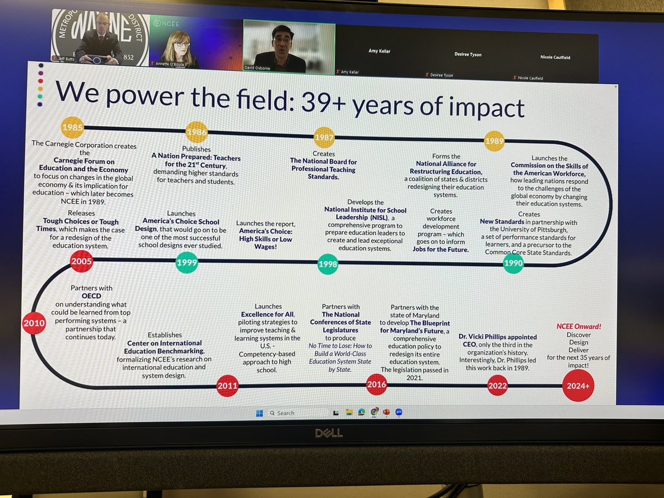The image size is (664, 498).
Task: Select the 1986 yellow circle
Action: coord(196,132)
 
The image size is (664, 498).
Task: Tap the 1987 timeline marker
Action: coord(324,137)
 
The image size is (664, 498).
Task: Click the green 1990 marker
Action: coord(513,263)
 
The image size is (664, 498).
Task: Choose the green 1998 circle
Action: coord(328,264)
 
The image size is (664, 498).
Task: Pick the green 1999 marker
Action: coord(186,262)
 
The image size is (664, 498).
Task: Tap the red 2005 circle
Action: coord(81,261)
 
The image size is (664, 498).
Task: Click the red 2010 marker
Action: coord(33,323)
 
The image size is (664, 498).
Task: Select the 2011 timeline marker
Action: coord(227,386)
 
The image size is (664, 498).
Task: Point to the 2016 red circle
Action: coord(376,384)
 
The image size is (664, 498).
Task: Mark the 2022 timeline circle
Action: coord(497,386)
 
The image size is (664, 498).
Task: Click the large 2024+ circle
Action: coord(578,385)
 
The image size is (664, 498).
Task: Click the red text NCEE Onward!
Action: coord(578,326)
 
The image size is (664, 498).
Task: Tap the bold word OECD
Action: coord(91,296)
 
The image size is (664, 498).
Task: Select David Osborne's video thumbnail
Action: coord(289,47)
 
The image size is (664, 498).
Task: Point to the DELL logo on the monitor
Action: coord(329,433)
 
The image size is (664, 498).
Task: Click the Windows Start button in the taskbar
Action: coord(259,413)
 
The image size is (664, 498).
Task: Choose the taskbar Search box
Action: coord(296,413)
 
